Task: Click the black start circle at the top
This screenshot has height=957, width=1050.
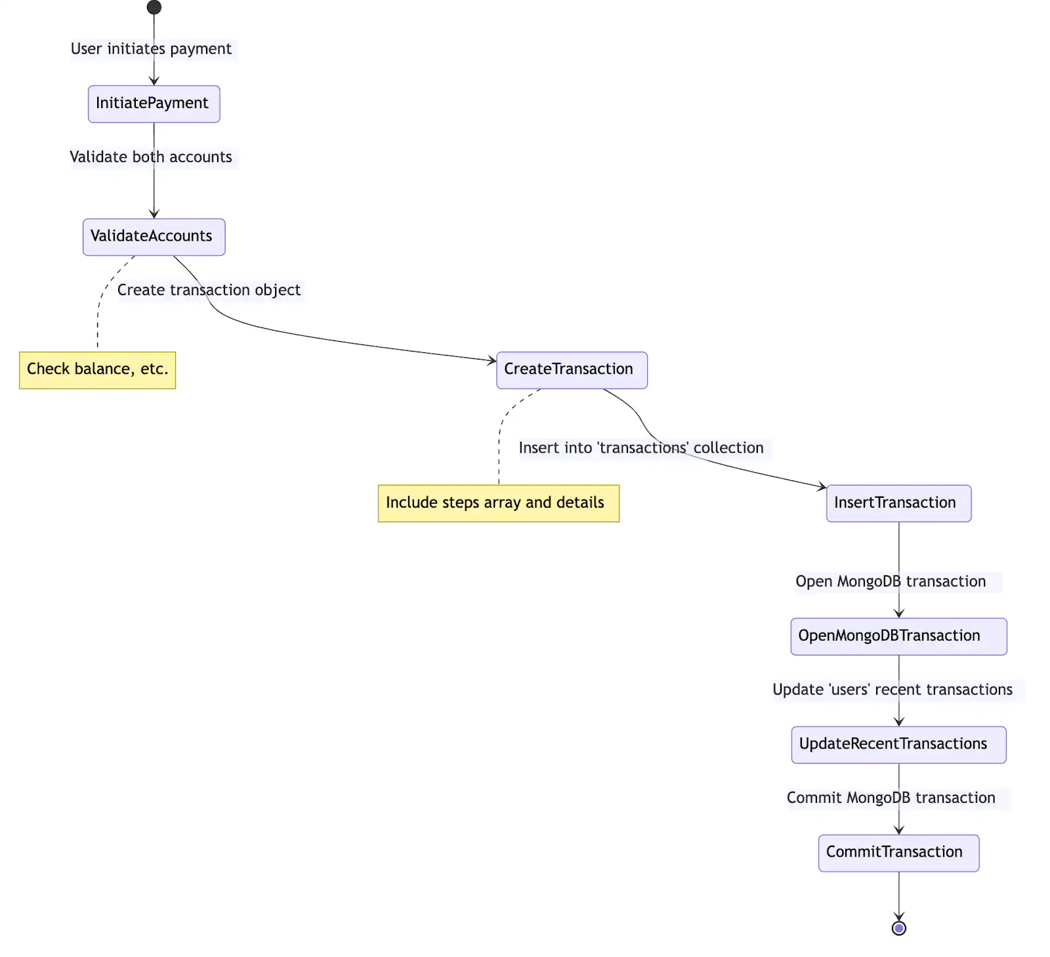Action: [154, 7]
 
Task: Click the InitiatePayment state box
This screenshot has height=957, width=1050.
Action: [154, 104]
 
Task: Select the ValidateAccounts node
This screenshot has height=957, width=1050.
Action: [154, 237]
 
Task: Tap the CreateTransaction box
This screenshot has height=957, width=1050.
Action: [572, 370]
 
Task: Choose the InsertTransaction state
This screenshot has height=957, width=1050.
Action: [898, 503]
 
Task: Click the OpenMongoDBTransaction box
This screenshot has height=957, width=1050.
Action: [898, 636]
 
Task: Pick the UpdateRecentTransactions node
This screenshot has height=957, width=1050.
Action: [898, 744]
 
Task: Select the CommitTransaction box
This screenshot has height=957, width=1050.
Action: [898, 853]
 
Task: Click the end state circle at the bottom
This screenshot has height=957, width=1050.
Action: [899, 928]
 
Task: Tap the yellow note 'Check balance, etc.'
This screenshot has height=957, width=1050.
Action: [98, 370]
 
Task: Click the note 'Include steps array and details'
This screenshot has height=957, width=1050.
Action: [498, 503]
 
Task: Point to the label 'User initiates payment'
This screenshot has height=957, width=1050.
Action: [152, 49]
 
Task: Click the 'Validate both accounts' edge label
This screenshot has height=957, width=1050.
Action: [152, 157]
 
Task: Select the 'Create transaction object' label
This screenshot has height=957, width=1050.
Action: [209, 290]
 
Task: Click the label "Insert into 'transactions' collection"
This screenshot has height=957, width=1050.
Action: [641, 448]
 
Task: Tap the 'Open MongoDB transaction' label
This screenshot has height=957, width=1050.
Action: [891, 582]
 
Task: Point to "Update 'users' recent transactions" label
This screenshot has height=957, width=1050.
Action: [892, 690]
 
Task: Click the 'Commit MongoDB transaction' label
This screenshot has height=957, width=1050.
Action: [891, 798]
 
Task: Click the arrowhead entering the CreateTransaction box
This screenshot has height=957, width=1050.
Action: [492, 360]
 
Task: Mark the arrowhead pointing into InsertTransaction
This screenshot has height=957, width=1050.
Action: [822, 487]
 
